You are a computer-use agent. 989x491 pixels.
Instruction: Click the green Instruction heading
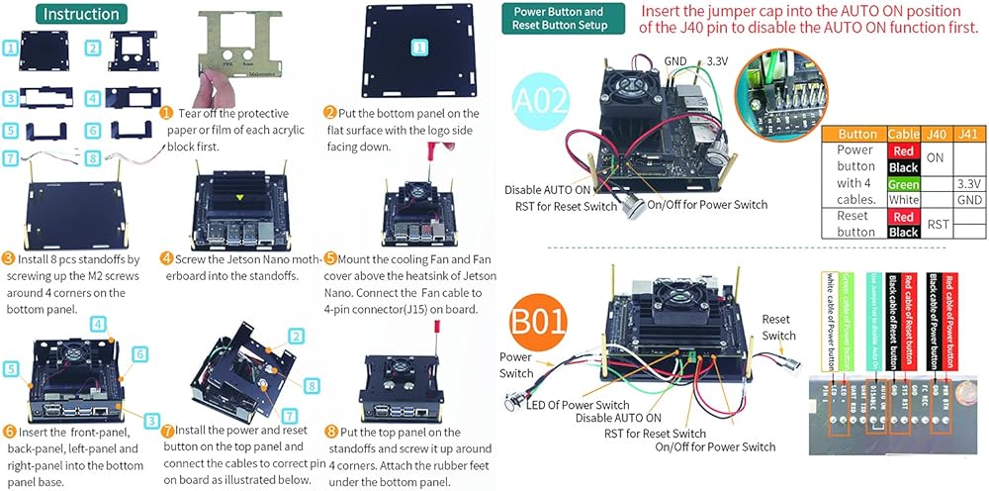tap(81, 14)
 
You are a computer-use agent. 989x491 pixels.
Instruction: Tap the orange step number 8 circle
tap(330, 432)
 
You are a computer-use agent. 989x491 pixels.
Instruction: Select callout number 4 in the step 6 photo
tap(96, 324)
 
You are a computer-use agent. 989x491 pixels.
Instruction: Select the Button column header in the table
tap(856, 133)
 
